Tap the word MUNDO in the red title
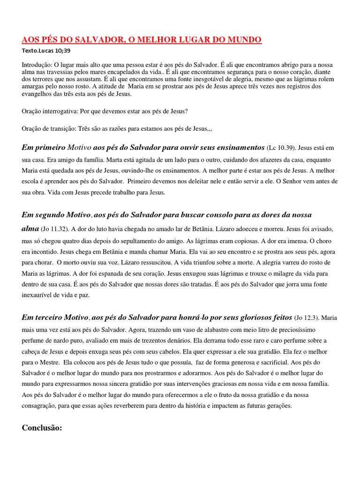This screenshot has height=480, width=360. (243, 40)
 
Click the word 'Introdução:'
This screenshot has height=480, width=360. (37, 64)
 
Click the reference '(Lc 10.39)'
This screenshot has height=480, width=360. (281, 148)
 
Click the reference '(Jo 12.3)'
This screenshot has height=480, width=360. (307, 317)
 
